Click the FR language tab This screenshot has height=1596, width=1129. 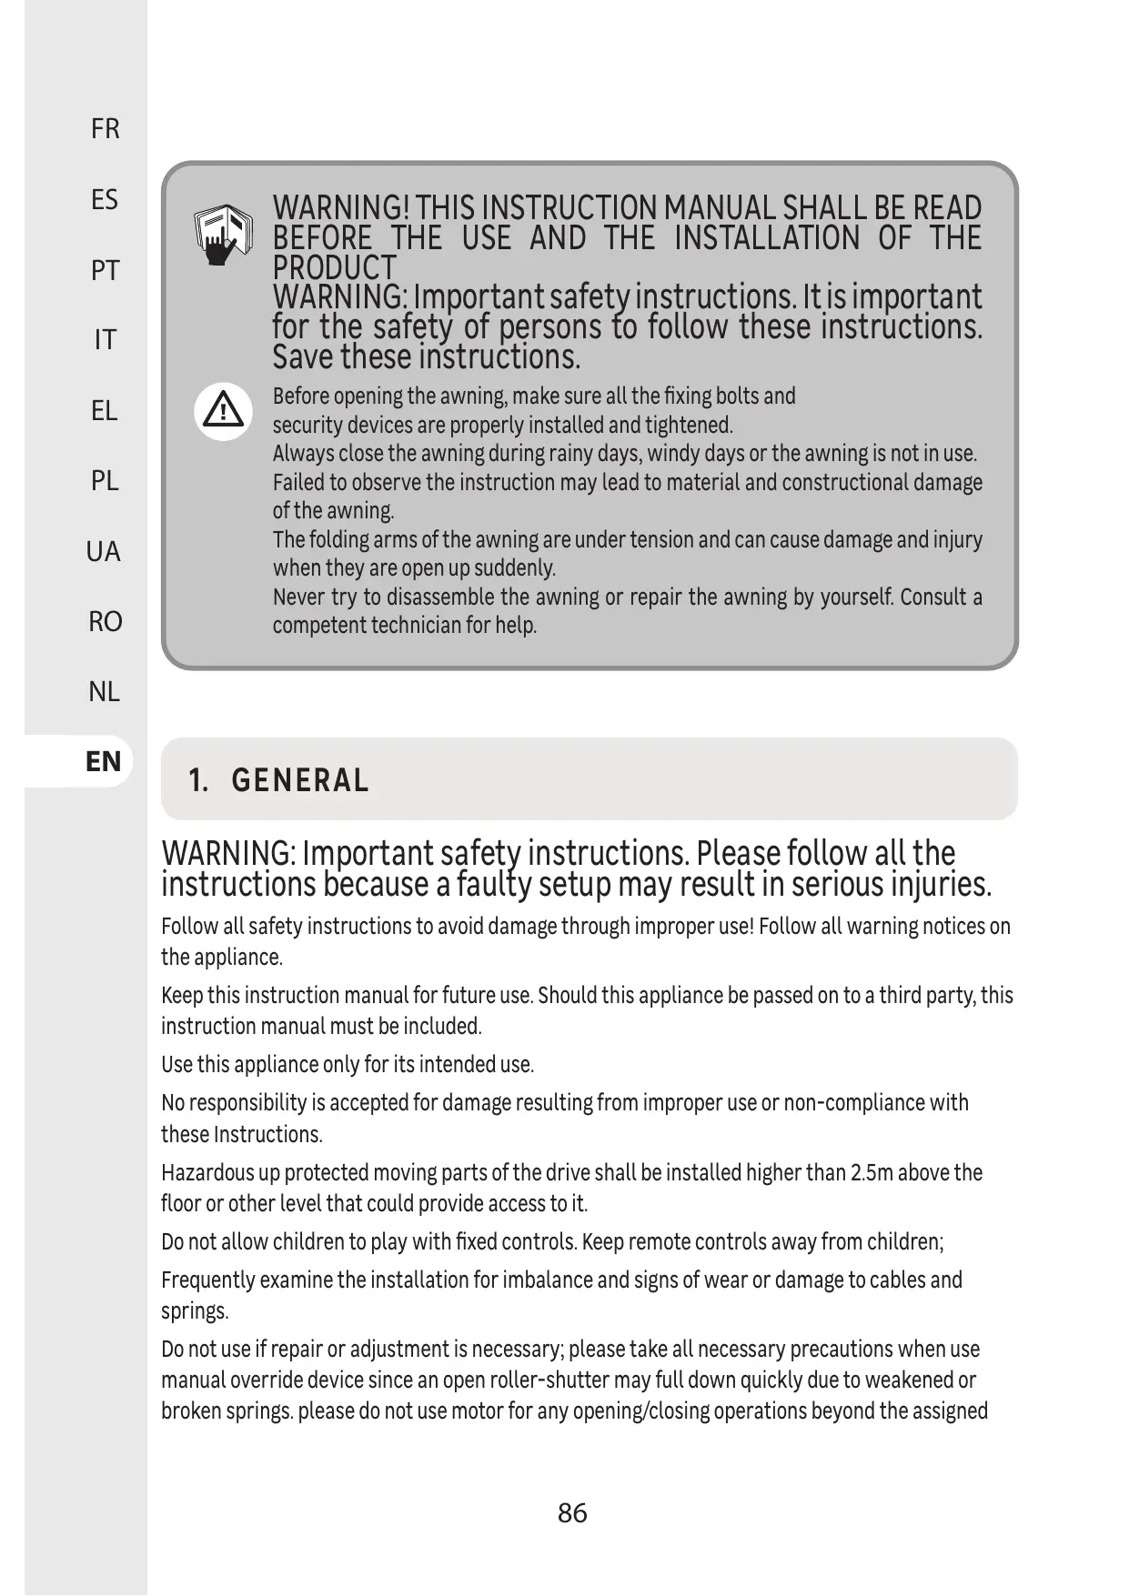pos(105,129)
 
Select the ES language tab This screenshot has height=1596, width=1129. pos(105,199)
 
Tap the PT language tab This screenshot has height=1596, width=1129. pos(105,270)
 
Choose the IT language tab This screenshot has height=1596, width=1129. pos(105,340)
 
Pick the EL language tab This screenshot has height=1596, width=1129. pos(105,411)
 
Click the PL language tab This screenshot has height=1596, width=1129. pos(105,480)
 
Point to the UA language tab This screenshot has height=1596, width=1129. pos(104,551)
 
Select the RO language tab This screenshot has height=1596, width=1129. pos(105,621)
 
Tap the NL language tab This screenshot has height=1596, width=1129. pos(105,692)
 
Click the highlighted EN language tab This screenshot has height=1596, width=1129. pos(104,761)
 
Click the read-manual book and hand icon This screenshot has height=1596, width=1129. pos(223,235)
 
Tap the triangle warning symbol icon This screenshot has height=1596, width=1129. pos(223,411)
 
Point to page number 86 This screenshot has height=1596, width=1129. pos(572,1513)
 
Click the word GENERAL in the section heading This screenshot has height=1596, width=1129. pos(300,780)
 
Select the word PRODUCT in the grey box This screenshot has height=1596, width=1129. pos(335,268)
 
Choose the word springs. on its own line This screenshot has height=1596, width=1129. pos(195,1311)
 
